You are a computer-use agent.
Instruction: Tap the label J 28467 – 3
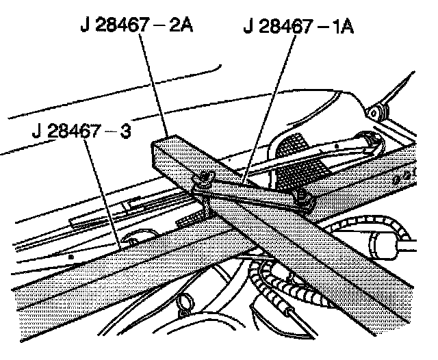tap(80, 131)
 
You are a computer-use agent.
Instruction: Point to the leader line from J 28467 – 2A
tap(153, 82)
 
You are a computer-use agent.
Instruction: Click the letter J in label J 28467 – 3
tap(36, 131)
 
